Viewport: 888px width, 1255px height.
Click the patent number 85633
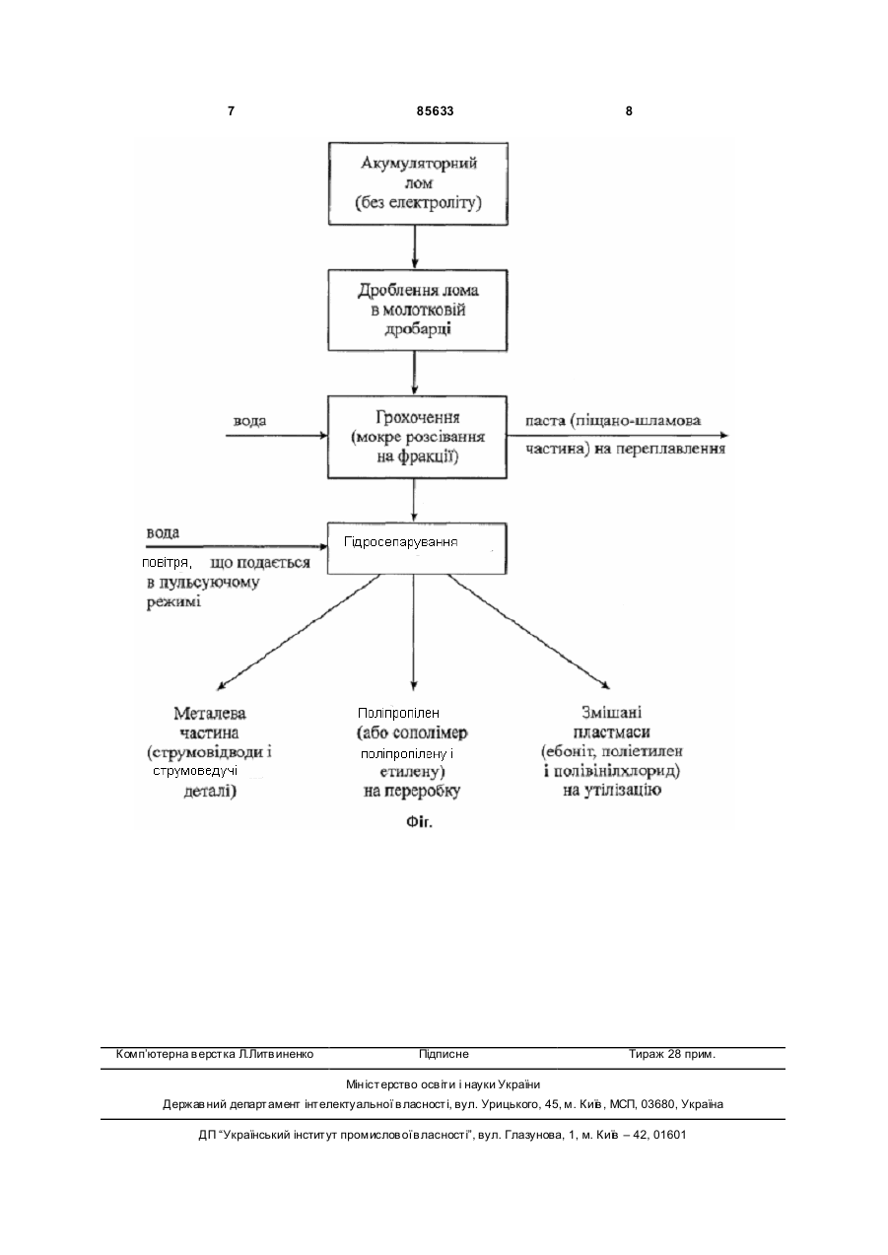[435, 111]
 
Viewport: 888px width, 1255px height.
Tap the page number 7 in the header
[231, 111]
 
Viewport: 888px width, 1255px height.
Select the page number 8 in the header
[629, 111]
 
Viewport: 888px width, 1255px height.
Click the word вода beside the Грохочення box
[250, 421]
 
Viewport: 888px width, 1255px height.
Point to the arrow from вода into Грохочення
[277, 436]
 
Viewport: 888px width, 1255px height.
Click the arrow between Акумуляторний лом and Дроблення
[415, 247]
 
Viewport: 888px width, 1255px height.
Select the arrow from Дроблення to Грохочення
[415, 374]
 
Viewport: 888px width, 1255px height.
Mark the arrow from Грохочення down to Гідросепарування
[414, 501]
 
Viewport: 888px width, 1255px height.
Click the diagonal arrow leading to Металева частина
[299, 631]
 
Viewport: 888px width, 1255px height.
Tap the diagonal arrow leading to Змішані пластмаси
[528, 631]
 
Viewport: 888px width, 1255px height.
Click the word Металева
[210, 713]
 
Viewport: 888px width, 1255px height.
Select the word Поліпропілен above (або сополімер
[398, 713]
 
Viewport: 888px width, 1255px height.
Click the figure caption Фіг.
[419, 822]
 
